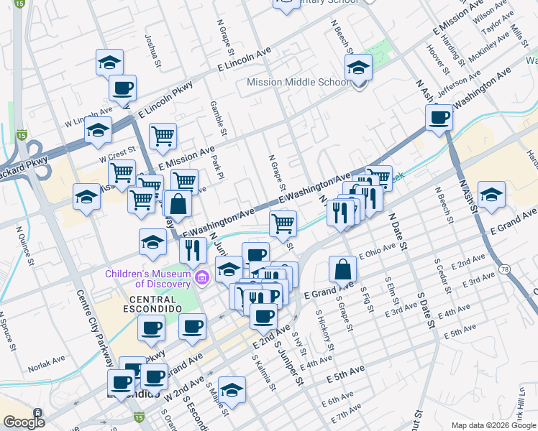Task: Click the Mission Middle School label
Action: [298, 82]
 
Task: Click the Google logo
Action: [23, 422]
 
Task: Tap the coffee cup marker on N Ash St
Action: [439, 118]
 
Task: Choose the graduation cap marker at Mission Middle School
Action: [357, 68]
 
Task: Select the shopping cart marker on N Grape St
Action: [283, 223]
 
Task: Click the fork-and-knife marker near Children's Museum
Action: [192, 249]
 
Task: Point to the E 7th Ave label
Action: [347, 414]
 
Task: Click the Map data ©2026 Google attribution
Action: [493, 425]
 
